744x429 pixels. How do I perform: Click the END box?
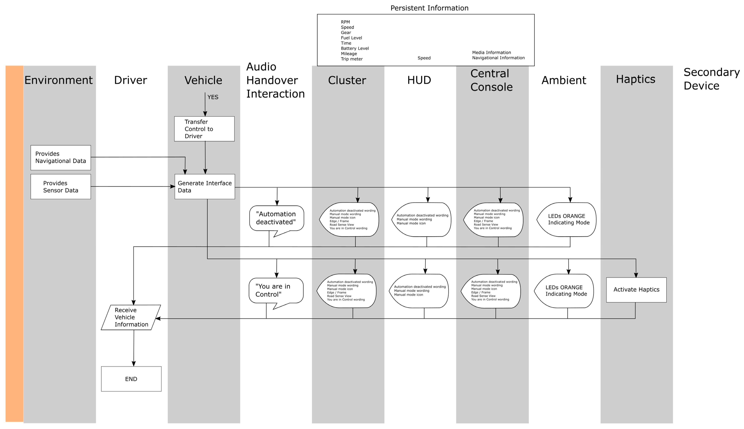pos(131,379)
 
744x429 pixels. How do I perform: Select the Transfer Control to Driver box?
pos(204,129)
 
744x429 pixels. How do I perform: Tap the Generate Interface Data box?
pos(205,187)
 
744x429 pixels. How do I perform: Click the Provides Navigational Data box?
pos(61,157)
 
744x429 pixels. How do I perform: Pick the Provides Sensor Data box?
pos(61,187)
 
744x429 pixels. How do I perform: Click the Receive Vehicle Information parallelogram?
pos(131,317)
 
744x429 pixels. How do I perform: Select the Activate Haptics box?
pos(636,290)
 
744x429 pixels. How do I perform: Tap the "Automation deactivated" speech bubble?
pos(276,218)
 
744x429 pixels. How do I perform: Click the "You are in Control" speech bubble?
pos(276,291)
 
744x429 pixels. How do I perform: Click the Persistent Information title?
pos(429,8)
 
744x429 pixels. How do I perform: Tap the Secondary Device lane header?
pos(711,79)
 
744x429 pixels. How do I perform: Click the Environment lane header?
pos(58,80)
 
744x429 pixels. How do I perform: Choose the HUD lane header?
pos(419,80)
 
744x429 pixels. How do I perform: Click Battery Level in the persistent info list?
pos(354,48)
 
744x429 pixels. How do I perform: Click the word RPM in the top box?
pos(345,22)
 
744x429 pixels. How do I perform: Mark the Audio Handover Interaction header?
pos(275,80)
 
